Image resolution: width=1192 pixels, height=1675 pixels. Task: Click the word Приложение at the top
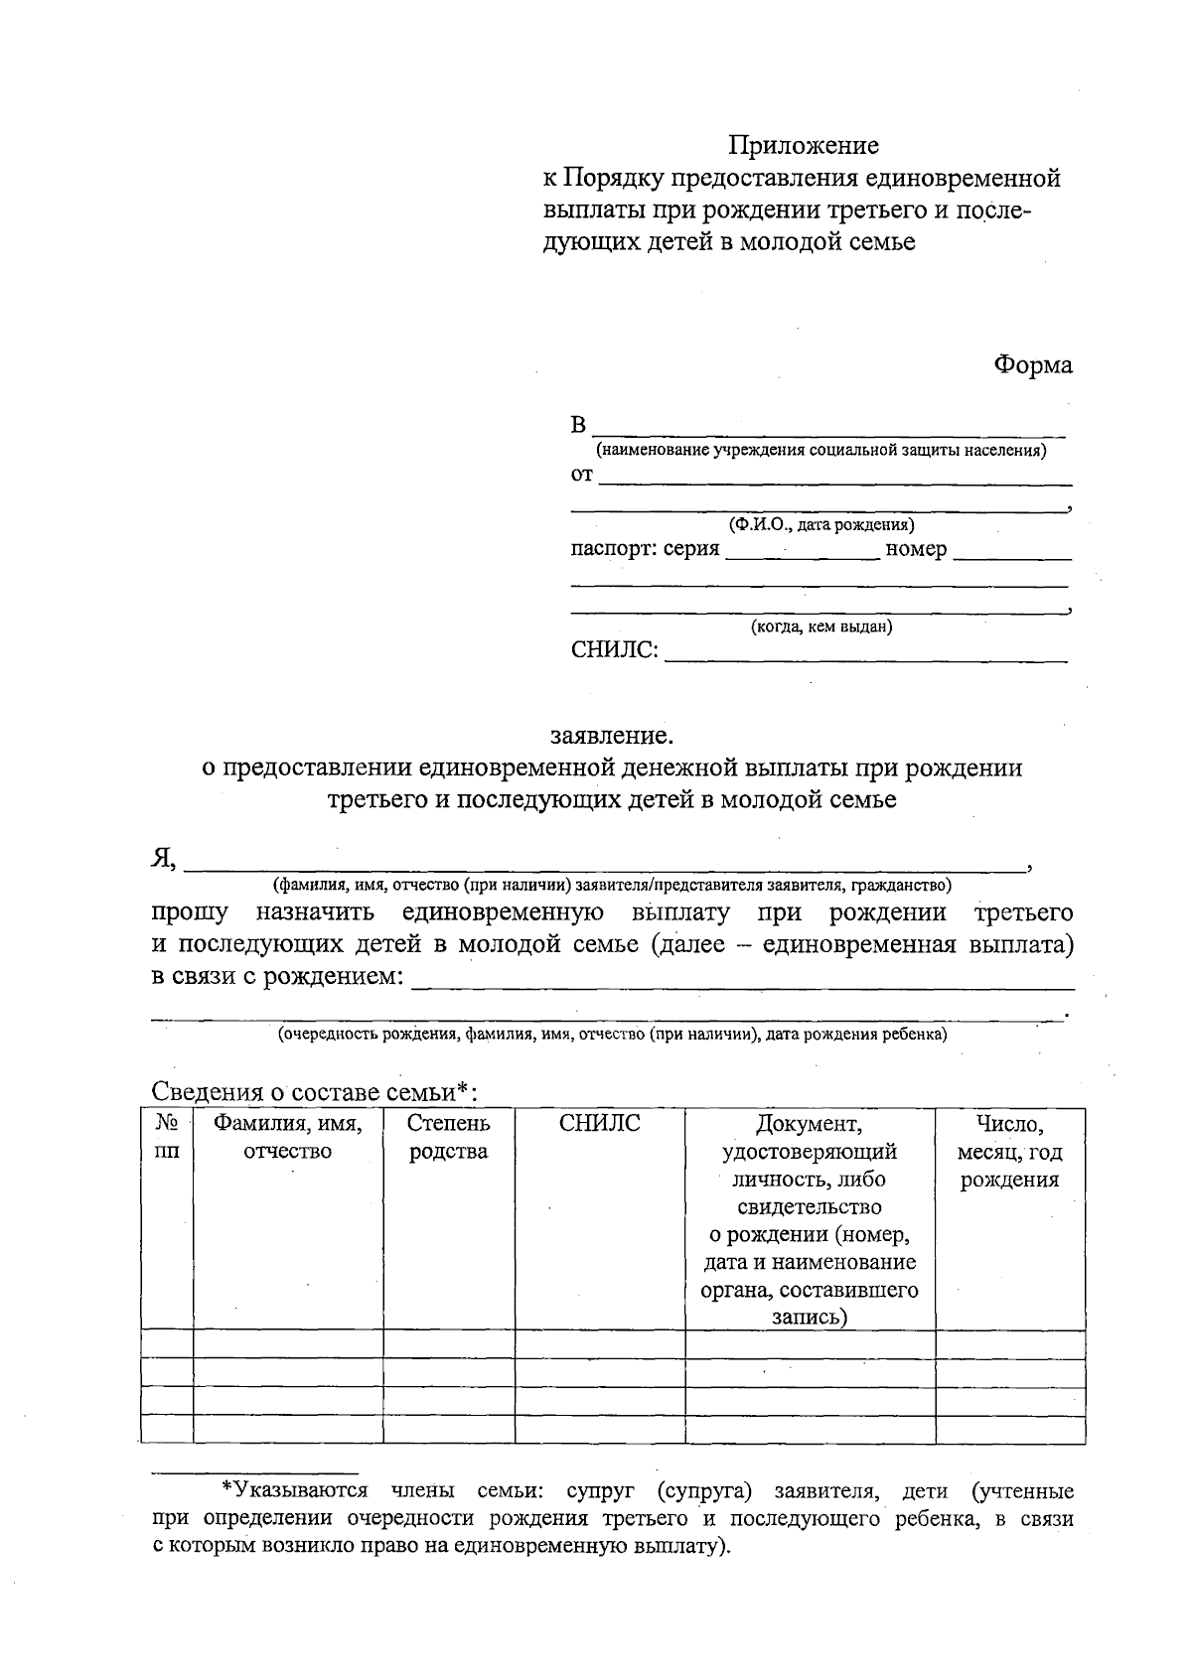coord(805,146)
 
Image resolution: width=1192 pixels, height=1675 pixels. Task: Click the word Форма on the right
coord(1033,364)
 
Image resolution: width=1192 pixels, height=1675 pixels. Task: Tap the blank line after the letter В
coord(829,429)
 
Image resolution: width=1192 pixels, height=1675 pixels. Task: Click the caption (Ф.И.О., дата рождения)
coord(821,524)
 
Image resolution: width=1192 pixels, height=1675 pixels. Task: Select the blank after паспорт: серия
coord(803,552)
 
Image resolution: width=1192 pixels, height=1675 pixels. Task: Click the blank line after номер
coord(1011,552)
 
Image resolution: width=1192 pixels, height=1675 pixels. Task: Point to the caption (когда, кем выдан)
coord(821,627)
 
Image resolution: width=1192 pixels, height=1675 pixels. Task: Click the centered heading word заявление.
coord(612,736)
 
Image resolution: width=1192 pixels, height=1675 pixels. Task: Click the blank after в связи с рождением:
coord(742,981)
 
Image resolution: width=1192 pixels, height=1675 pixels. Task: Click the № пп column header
coord(168,1138)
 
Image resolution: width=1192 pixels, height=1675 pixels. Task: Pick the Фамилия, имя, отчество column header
coord(288,1138)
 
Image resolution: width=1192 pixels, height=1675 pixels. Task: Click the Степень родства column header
coord(449,1138)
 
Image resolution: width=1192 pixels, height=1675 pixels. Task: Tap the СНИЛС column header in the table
coord(600,1124)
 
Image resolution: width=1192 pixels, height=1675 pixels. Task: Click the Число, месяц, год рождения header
coord(1009,1152)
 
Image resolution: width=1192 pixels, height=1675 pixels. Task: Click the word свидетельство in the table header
coord(810,1207)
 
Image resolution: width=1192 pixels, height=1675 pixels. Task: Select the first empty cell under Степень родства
coord(449,1344)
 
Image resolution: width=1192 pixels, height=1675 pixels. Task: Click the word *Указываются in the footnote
coord(294,1491)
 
